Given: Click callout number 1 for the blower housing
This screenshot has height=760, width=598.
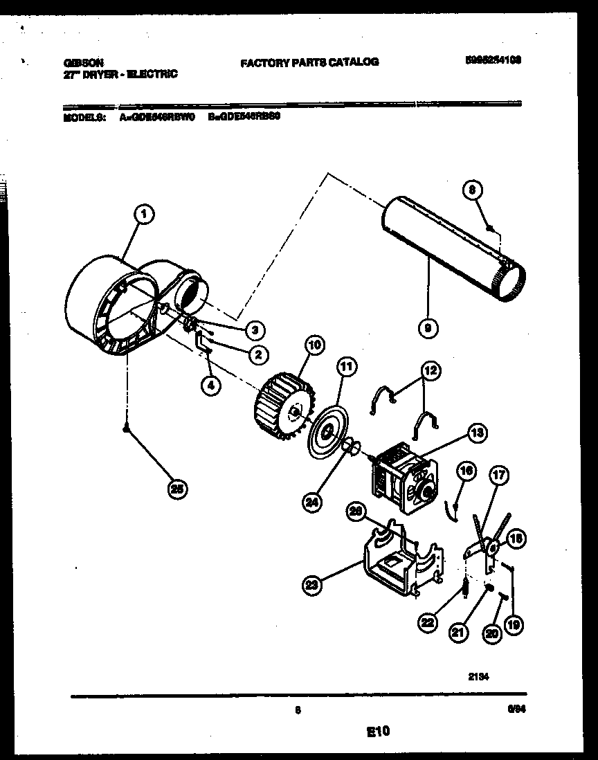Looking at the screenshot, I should click(x=143, y=215).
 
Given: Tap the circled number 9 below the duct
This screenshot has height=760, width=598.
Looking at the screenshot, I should click(x=428, y=329).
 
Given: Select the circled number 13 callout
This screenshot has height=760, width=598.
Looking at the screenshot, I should click(x=476, y=434).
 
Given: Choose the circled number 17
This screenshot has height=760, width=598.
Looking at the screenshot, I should click(x=498, y=476).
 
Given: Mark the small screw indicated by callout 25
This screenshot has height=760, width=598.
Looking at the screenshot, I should click(x=125, y=430).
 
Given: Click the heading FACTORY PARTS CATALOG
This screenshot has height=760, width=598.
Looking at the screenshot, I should click(x=309, y=62).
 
